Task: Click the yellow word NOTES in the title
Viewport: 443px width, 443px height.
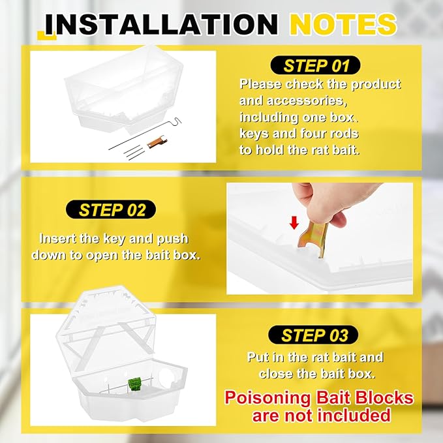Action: pyautogui.click(x=343, y=24)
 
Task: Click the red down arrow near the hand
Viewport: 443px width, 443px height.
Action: pyautogui.click(x=294, y=223)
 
